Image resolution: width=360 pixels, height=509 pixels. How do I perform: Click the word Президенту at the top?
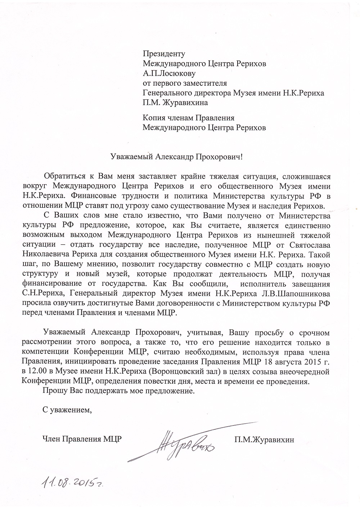click(164, 54)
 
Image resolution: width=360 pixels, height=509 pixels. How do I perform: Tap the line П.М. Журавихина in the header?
click(175, 103)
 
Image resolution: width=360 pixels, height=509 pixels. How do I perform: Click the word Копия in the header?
click(154, 118)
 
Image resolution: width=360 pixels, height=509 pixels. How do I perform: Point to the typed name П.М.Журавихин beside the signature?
click(264, 439)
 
